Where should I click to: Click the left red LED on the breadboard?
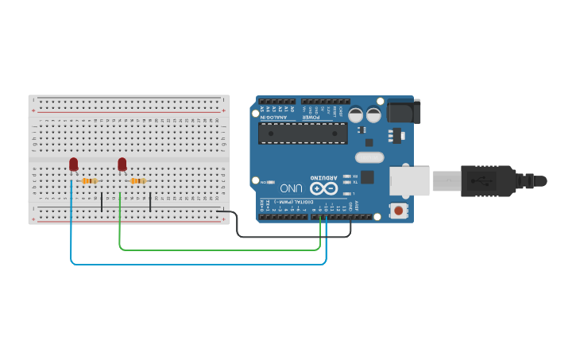[x=73, y=164]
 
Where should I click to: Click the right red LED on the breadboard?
[x=122, y=164]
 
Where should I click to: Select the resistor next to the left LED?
[x=89, y=181]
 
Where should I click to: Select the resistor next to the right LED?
[x=137, y=181]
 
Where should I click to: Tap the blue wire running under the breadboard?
[x=199, y=263]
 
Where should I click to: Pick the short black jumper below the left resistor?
[x=102, y=200]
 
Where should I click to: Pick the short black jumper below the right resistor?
[x=150, y=200]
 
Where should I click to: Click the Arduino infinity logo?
[x=323, y=188]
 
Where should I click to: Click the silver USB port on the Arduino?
[x=409, y=181]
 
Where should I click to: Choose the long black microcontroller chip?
[x=303, y=133]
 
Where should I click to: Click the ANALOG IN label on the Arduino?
[x=274, y=117]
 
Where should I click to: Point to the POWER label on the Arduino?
[x=311, y=117]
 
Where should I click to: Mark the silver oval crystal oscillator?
[x=369, y=157]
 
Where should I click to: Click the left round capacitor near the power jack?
[x=355, y=114]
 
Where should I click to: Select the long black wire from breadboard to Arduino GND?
[x=294, y=236]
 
